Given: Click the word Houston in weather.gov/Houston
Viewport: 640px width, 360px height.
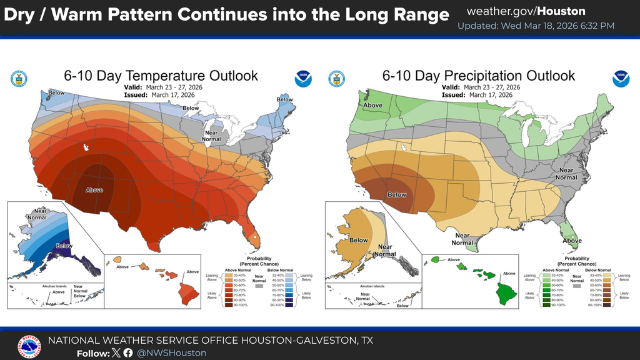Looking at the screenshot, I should (x=561, y=11).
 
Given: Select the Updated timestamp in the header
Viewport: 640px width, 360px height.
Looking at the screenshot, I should (x=536, y=26).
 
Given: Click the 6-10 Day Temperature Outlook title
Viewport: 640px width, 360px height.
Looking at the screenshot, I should (x=161, y=76).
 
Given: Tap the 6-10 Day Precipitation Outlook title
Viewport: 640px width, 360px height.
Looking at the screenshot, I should (x=478, y=76).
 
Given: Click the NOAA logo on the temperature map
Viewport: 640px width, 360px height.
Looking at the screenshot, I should (x=303, y=79).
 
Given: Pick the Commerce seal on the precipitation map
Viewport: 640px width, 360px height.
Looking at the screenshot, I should (x=336, y=79).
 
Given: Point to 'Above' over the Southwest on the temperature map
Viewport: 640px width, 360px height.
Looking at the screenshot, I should (x=94, y=189).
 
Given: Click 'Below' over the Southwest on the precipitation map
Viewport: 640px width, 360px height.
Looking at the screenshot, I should (x=397, y=194).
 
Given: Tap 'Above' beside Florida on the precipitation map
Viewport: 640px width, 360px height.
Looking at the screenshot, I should (x=571, y=241).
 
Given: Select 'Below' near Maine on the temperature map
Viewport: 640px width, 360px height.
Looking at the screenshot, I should (x=284, y=99).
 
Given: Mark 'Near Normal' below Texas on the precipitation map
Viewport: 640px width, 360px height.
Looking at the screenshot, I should (x=462, y=239).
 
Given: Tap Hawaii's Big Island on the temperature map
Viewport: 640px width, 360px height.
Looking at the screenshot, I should (x=188, y=291).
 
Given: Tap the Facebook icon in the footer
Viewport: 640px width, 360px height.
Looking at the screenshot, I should (x=128, y=353).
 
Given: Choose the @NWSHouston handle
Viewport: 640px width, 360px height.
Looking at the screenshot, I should (x=171, y=353).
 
